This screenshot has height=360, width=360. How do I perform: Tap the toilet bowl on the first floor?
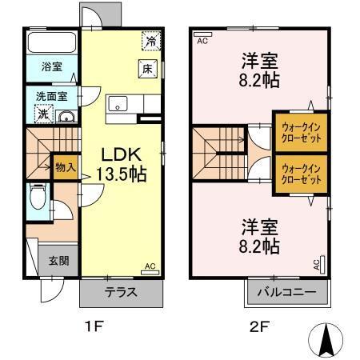click(x=37, y=195)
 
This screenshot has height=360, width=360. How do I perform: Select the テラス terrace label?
click(x=121, y=292)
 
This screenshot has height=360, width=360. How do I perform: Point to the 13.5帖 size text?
click(x=120, y=174)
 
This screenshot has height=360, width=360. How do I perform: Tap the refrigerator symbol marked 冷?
click(x=150, y=39)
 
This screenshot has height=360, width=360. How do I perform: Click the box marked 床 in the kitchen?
click(x=148, y=69)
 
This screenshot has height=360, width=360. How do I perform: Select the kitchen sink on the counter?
click(x=118, y=104)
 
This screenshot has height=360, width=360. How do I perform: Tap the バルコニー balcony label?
click(x=286, y=293)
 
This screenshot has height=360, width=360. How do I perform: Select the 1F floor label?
click(x=94, y=327)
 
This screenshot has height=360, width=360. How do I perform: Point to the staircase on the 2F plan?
click(x=216, y=152)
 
